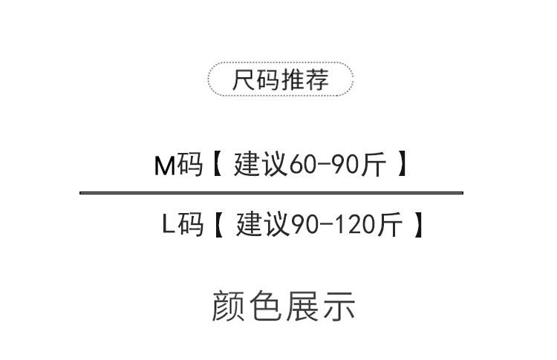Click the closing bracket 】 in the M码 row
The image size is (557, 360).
(x=401, y=166)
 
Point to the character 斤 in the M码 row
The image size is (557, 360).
(x=377, y=166)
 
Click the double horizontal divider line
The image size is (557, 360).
(x=271, y=193)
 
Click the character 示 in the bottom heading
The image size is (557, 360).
(x=339, y=306)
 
